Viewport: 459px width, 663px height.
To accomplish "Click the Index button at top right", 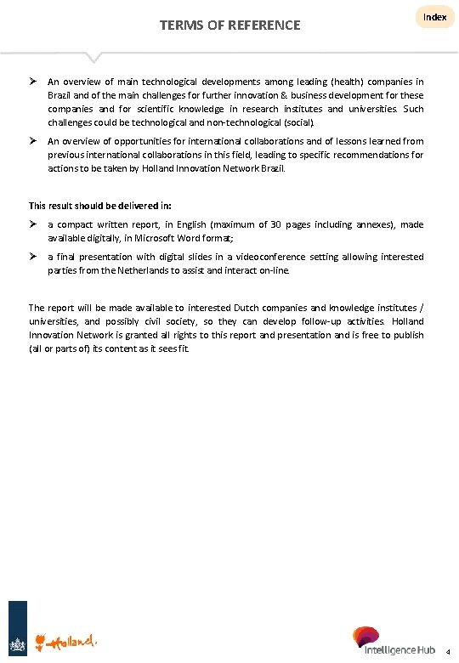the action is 434,17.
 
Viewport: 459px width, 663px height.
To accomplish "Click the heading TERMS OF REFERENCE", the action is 229,25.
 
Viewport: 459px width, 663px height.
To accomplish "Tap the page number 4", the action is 448,652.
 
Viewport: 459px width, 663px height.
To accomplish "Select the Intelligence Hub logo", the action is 394,642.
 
